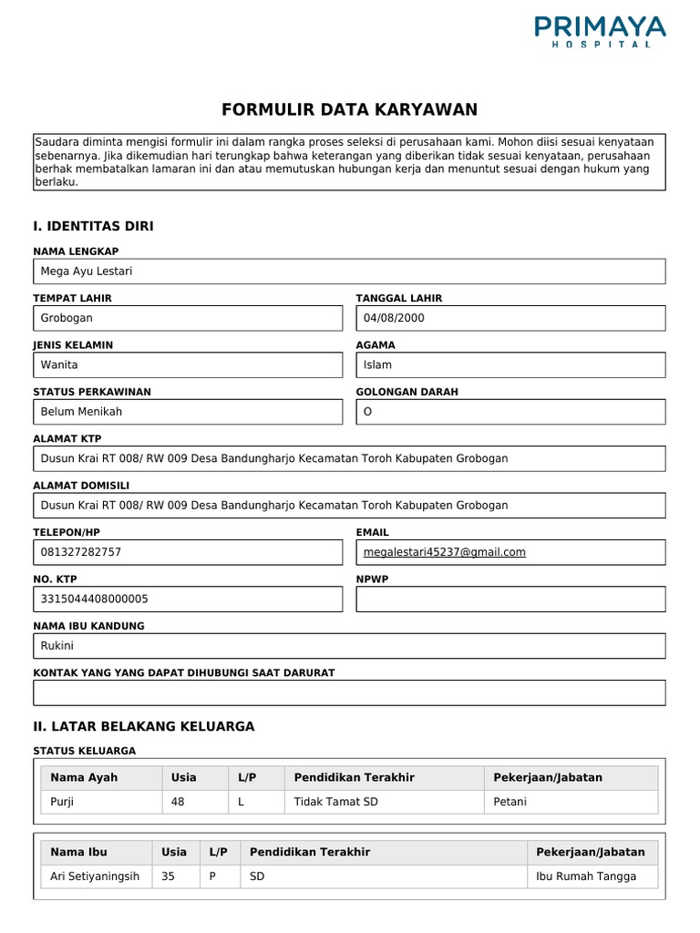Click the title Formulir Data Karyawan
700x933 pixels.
[349, 110]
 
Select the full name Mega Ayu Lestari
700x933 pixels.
[87, 272]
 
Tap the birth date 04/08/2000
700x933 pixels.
[394, 318]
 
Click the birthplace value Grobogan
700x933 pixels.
[67, 318]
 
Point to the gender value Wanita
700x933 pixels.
[59, 364]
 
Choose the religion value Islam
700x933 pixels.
[377, 364]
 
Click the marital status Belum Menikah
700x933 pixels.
[81, 411]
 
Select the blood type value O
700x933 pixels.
[368, 411]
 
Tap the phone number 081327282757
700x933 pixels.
[81, 552]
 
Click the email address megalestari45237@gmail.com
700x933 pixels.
[444, 552]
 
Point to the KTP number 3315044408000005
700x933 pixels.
[95, 599]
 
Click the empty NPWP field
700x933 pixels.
[510, 599]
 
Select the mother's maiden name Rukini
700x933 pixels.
[57, 646]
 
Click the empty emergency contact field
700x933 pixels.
[349, 692]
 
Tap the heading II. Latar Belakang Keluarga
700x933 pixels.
[144, 726]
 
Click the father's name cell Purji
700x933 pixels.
[64, 802]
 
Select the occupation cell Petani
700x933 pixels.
[510, 802]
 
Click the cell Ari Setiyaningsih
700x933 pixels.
[95, 877]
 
